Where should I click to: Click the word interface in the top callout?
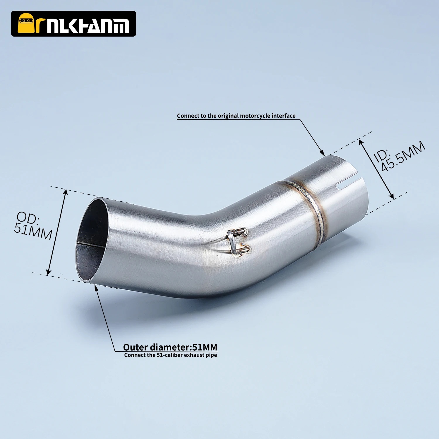284,116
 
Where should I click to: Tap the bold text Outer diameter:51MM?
170,347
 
